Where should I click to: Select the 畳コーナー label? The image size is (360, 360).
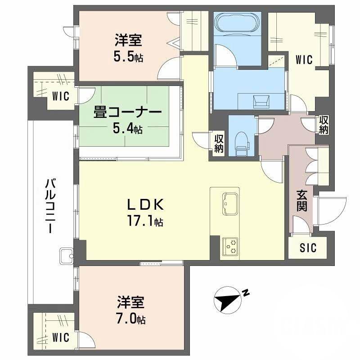pyautogui.click(x=127, y=112)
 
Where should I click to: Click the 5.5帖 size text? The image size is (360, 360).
pyautogui.click(x=128, y=57)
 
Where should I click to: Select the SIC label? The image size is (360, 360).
pyautogui.click(x=308, y=247)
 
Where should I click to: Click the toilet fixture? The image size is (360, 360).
pyautogui.click(x=243, y=142)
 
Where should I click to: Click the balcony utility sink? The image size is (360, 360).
pyautogui.click(x=66, y=256)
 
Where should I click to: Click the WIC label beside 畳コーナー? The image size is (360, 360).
pyautogui.click(x=60, y=96)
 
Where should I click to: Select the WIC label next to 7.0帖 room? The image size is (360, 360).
pyautogui.click(x=60, y=337)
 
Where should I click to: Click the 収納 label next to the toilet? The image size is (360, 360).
pyautogui.click(x=219, y=144)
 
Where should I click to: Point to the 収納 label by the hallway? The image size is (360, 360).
pyautogui.click(x=324, y=125)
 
